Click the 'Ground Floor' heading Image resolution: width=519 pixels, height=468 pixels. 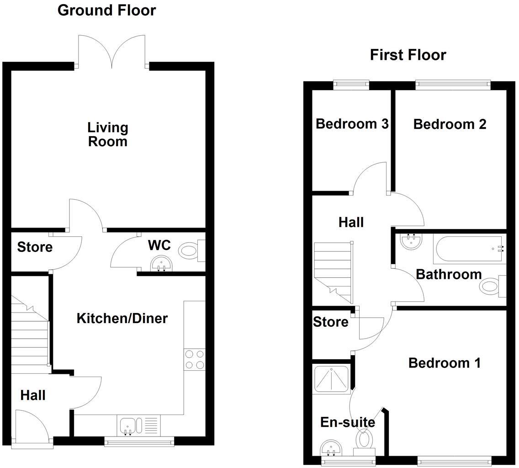[106, 10]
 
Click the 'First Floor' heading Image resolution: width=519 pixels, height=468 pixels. [408, 55]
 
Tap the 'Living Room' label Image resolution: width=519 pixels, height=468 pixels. [108, 134]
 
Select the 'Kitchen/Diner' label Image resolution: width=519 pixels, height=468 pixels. [122, 318]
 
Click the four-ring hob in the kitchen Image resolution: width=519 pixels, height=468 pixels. [194, 359]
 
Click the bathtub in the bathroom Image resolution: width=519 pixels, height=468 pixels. [470, 249]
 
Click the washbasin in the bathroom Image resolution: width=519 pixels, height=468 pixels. [411, 241]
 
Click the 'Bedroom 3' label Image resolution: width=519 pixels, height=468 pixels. [352, 124]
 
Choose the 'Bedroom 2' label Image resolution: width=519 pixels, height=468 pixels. [450, 124]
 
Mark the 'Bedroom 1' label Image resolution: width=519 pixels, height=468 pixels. [444, 363]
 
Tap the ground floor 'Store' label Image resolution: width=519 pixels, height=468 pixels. [35, 247]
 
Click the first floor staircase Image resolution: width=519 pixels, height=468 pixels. [333, 272]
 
